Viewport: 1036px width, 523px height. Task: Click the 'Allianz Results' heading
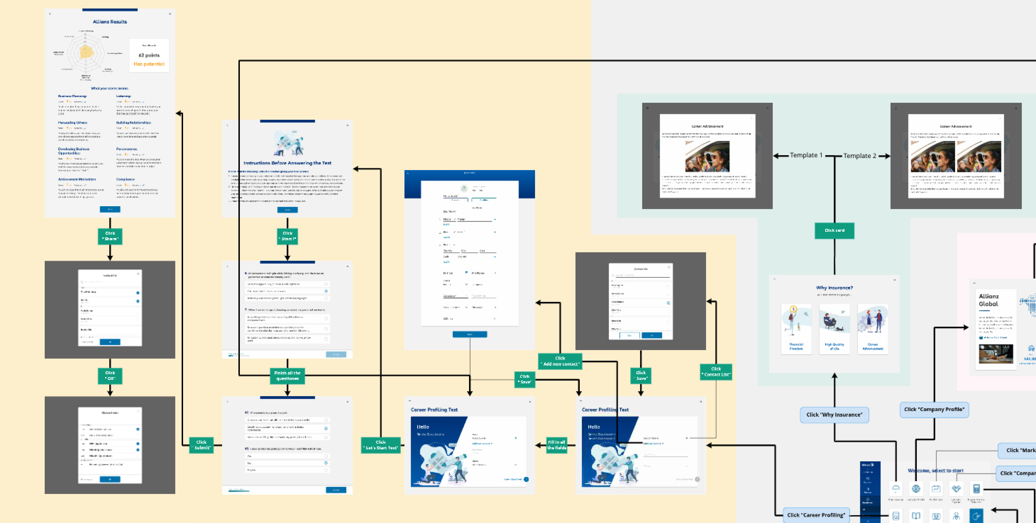[x=110, y=22]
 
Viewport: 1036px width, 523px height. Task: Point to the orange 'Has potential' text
[x=149, y=64]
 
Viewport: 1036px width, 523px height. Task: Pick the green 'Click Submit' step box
[x=201, y=445]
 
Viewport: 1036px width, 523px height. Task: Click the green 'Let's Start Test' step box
[x=380, y=445]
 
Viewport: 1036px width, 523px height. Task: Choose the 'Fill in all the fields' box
[x=557, y=445]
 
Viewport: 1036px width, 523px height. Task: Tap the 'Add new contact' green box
[x=560, y=361]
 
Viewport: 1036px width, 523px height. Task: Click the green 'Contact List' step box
[x=716, y=372]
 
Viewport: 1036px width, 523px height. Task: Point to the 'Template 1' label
[x=806, y=155]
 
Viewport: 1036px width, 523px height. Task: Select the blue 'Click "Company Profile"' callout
[x=934, y=409]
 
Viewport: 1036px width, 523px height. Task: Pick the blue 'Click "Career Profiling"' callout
[x=816, y=515]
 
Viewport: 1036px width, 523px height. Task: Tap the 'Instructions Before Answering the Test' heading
[x=287, y=163]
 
